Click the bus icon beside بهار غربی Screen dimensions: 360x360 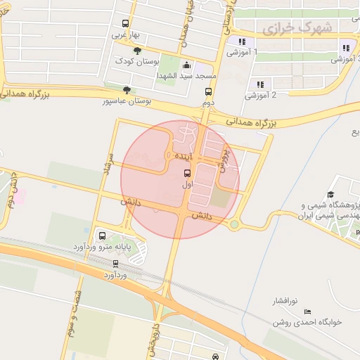[x=125, y=23]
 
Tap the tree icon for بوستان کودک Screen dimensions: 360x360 [x=137, y=51]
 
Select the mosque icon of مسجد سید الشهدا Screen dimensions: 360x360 [x=186, y=66]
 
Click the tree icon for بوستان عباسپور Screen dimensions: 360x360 [x=126, y=90]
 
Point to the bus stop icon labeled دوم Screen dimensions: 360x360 [x=208, y=91]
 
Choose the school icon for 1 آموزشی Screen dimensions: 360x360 [x=242, y=42]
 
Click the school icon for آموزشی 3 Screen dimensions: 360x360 [x=345, y=49]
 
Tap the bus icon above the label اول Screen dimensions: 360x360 [x=187, y=173]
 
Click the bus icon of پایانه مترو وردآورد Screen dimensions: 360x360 [x=103, y=236]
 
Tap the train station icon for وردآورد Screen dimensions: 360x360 [x=116, y=264]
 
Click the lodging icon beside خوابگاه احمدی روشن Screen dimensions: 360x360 [x=308, y=311]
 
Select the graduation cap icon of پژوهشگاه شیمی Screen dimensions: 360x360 [x=330, y=195]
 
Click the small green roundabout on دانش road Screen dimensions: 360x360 [x=234, y=224]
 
